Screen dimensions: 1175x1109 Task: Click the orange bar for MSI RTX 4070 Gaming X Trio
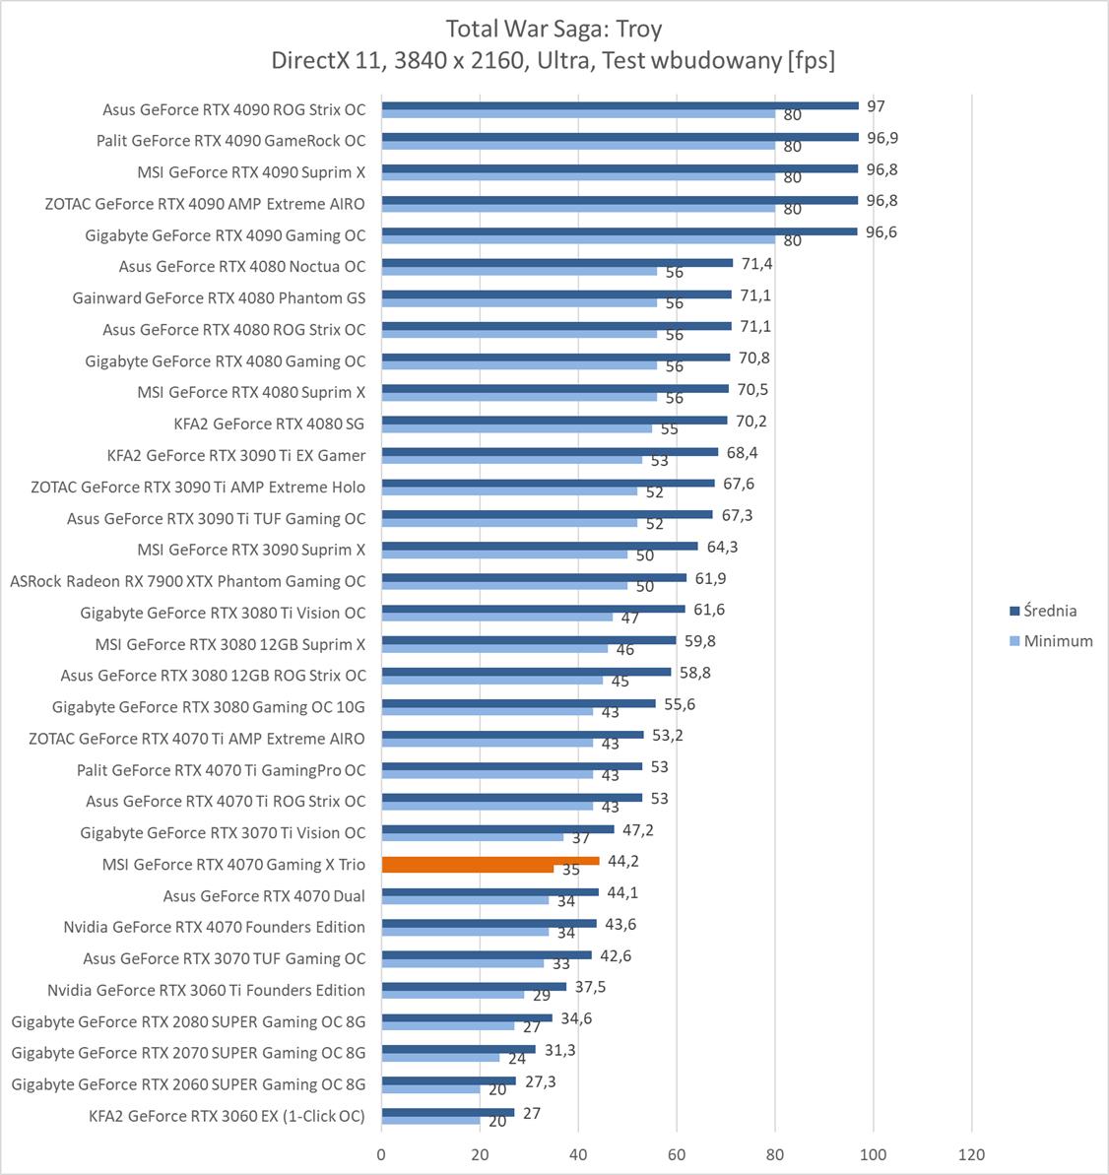489,861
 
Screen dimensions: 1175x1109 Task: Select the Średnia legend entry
1050,611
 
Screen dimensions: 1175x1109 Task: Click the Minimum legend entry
1058,641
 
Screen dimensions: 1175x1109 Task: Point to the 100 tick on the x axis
874,1154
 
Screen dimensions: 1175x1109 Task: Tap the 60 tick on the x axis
677,1154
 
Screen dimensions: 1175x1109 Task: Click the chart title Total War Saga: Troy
554,28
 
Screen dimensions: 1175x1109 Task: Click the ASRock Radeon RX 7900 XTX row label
187,581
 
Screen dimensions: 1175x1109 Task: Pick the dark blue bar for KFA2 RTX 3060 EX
448,1112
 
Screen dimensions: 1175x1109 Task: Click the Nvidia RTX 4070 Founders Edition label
214,927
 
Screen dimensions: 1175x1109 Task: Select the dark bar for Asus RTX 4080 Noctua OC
557,263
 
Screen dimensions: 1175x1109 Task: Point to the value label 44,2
623,861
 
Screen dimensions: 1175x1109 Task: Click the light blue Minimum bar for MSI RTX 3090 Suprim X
504,555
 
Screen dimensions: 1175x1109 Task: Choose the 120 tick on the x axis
971,1154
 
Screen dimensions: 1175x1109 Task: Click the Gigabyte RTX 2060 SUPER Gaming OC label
188,1084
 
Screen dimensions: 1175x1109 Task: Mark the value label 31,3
559,1050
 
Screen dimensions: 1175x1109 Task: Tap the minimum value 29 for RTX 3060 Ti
542,996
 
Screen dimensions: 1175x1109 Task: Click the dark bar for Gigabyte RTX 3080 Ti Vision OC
533,609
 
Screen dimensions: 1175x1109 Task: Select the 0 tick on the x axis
382,1154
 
